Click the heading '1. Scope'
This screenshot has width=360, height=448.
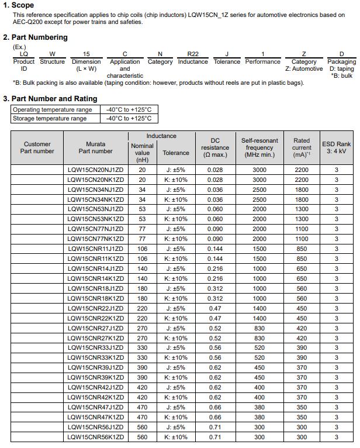click(x=23, y=5)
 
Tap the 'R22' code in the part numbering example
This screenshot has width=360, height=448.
click(x=192, y=54)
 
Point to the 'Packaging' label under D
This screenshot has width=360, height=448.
click(x=341, y=61)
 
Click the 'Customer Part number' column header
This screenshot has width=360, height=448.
click(x=37, y=147)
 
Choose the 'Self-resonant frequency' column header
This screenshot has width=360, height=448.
click(x=259, y=147)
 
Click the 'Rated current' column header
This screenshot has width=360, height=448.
click(x=302, y=147)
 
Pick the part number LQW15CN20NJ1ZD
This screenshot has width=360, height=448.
click(x=95, y=170)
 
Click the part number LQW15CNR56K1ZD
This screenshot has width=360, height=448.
click(x=95, y=437)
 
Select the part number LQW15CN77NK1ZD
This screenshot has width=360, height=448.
click(x=95, y=239)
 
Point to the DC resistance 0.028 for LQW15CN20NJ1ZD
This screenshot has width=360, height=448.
click(x=215, y=170)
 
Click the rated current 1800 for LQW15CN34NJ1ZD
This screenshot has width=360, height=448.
click(x=302, y=189)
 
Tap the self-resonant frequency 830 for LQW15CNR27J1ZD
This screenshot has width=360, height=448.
click(x=259, y=328)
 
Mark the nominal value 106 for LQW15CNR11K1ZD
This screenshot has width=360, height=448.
click(x=142, y=259)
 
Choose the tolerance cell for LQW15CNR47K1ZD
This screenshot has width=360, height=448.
click(x=176, y=417)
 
